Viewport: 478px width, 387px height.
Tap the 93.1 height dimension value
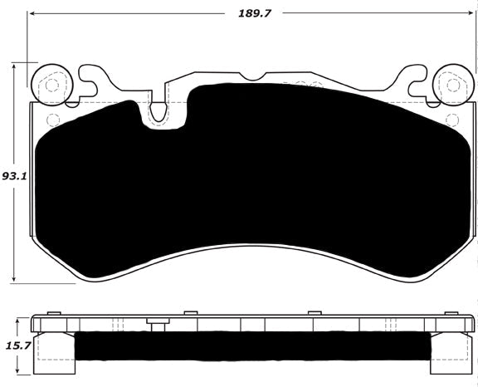12,177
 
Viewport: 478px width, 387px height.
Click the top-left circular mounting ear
50,85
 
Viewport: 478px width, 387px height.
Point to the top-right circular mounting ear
453,85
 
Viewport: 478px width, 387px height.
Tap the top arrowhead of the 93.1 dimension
17,66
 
